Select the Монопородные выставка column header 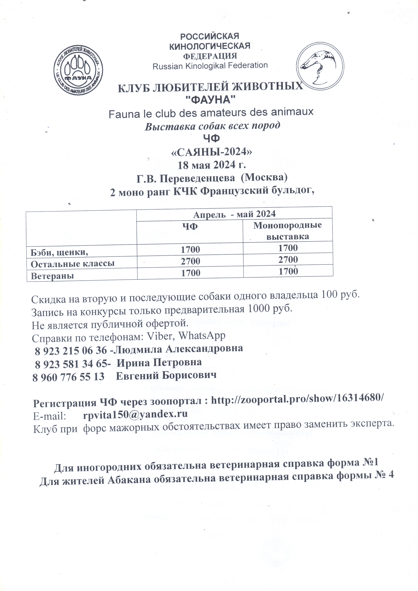287,231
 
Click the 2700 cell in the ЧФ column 190,261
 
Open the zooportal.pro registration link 297,400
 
